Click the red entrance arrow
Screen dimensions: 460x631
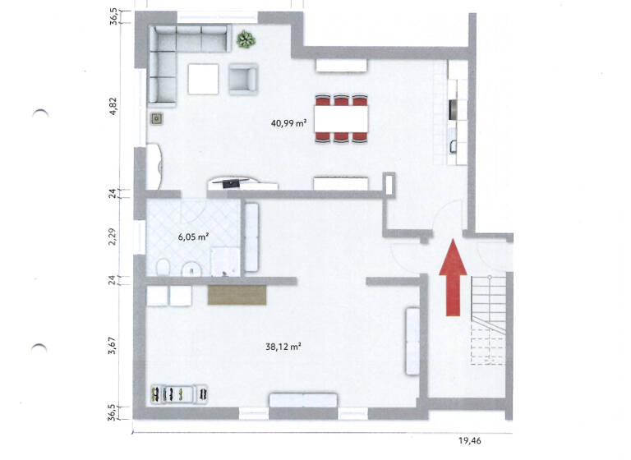click(450, 277)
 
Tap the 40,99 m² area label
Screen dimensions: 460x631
click(288, 124)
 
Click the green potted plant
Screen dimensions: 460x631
click(245, 38)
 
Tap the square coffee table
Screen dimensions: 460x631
click(203, 79)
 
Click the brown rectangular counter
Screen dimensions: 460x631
click(237, 293)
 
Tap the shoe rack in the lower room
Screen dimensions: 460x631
click(180, 394)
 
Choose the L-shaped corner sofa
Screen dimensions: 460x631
click(177, 57)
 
